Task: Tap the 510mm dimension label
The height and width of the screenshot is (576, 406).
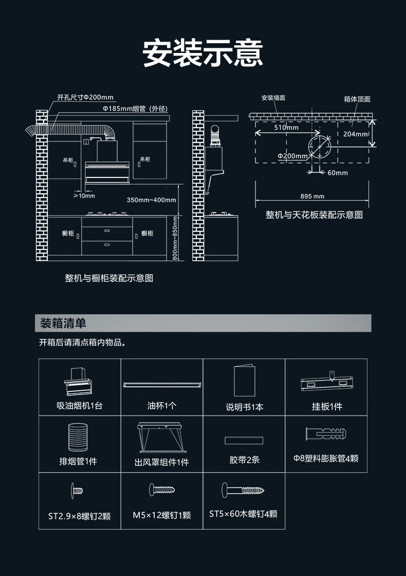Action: coord(286,127)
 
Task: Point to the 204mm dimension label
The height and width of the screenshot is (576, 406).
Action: coord(355,134)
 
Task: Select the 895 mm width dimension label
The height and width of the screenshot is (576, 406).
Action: coord(312,196)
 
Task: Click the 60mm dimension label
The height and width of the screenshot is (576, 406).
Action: coord(338,172)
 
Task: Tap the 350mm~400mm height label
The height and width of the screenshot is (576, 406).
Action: coord(151,200)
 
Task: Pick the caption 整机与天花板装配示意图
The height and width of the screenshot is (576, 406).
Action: coord(314,215)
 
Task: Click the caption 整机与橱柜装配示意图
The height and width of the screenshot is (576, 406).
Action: coord(109,278)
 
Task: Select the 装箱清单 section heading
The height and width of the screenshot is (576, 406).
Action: coord(64,323)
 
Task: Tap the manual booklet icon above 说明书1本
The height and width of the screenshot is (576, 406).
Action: coord(244,381)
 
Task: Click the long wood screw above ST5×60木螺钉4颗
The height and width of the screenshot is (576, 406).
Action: coord(243,490)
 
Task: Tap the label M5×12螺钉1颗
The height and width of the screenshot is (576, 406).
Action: coord(161,515)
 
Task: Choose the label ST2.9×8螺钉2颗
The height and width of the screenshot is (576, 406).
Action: coord(79,516)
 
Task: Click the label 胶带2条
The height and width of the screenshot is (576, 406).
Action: coord(244,460)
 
